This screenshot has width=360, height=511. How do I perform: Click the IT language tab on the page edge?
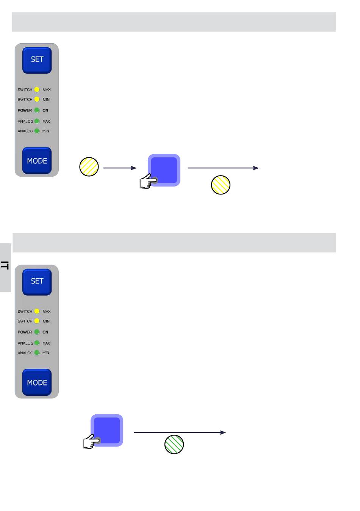click(5, 267)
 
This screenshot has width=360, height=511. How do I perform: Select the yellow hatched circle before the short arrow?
click(89, 166)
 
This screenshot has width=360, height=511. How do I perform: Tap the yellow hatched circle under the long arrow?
click(221, 185)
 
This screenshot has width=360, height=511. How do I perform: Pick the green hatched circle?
click(174, 444)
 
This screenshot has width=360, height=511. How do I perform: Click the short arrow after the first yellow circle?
click(120, 168)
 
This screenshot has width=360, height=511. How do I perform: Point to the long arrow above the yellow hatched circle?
click(223, 168)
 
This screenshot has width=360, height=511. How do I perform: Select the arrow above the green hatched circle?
click(180, 432)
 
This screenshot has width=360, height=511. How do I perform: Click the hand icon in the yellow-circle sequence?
click(148, 181)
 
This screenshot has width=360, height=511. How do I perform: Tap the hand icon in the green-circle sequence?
click(91, 441)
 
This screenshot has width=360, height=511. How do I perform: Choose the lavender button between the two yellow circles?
click(164, 170)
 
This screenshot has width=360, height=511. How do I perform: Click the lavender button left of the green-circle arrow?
click(107, 430)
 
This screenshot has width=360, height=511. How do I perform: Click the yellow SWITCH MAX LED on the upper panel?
click(37, 89)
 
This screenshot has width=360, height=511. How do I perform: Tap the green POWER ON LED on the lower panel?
click(37, 332)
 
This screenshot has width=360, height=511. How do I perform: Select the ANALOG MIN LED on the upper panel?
click(37, 131)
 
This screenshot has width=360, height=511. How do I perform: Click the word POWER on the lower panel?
click(25, 332)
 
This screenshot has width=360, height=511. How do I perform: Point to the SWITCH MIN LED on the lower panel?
click(37, 321)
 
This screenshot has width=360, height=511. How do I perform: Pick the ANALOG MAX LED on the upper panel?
click(37, 121)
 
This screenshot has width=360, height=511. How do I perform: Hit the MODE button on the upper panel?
click(37, 161)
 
